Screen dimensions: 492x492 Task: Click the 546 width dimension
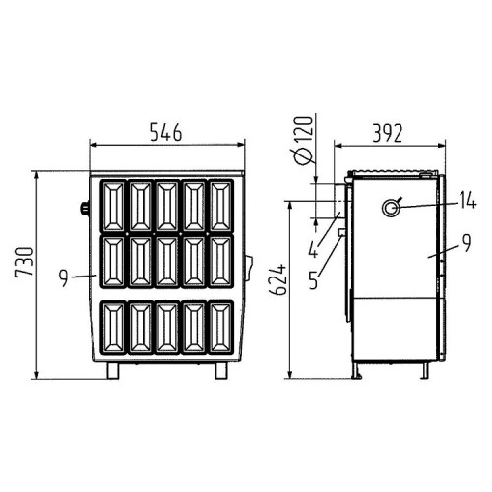[166, 132]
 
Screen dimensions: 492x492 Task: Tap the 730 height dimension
[25, 262]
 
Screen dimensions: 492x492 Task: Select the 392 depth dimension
[387, 133]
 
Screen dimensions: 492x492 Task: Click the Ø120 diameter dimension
[303, 140]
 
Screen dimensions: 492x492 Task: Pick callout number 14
[467, 200]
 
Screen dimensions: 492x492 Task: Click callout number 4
[314, 250]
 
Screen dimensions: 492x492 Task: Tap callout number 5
[314, 280]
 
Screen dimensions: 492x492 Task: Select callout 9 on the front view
[64, 278]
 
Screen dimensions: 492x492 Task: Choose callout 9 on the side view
[467, 242]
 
